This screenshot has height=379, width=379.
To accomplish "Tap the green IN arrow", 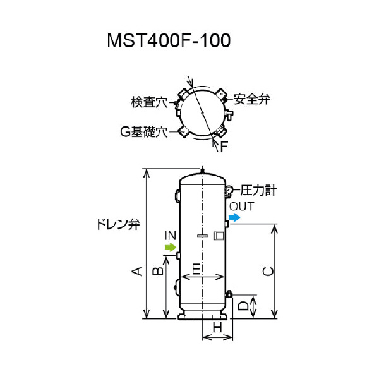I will point(169,248).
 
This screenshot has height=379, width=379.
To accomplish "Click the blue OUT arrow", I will point(234,218).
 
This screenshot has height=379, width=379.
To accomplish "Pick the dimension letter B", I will point(159,271).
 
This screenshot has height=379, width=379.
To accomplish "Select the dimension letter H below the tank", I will point(217,327).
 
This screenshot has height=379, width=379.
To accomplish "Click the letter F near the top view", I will point(224,147).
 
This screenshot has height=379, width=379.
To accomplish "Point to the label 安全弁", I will point(251,99).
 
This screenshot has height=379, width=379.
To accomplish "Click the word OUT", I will point(241,207).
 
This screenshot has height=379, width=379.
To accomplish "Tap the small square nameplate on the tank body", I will point(219,236).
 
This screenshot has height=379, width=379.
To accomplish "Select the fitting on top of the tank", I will point(202,169).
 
